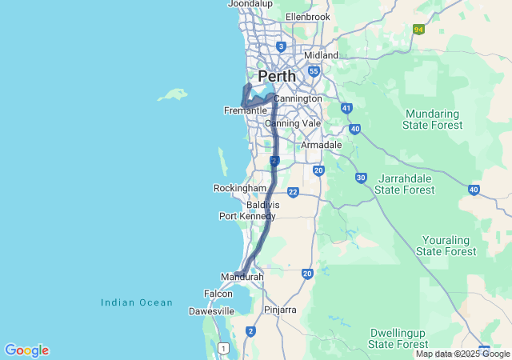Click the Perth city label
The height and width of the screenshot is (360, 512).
(276, 76)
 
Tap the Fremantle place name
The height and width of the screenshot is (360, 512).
(245, 110)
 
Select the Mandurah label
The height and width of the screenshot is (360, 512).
(242, 277)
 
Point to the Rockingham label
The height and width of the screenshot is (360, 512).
(239, 188)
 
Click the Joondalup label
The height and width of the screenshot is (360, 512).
(250, 4)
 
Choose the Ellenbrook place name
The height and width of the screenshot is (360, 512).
(307, 17)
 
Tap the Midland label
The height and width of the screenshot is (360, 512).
(322, 55)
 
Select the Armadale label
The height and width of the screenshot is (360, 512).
(321, 145)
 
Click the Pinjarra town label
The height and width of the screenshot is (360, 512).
(280, 310)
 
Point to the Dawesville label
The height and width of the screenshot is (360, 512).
(211, 311)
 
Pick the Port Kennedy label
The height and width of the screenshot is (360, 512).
(247, 216)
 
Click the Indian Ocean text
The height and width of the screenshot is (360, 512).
(137, 302)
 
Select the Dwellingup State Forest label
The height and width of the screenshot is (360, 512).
(398, 338)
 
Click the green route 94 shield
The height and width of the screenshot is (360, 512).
(418, 29)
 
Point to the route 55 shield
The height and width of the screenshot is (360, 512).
(314, 71)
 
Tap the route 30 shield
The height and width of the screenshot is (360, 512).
(361, 178)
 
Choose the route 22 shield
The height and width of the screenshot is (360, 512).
(293, 192)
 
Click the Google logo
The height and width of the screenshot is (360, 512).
(26, 350)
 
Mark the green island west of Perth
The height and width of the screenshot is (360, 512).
(172, 95)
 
